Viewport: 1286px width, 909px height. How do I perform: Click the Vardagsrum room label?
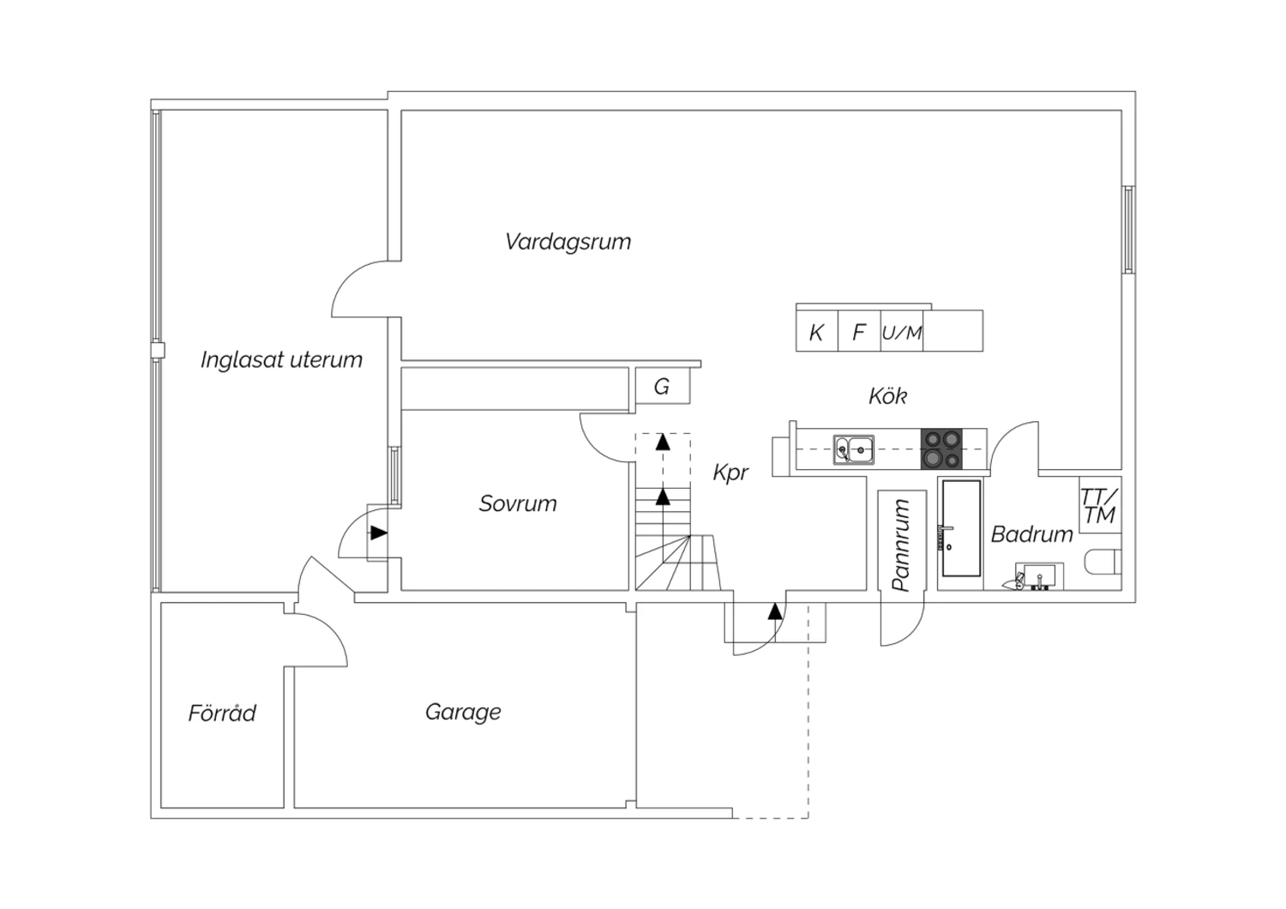click(568, 242)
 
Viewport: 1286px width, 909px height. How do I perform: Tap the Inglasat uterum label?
click(281, 360)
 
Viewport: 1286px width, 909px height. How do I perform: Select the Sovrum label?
click(518, 503)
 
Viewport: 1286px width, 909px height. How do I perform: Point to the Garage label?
click(463, 712)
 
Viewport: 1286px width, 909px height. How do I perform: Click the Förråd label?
click(222, 713)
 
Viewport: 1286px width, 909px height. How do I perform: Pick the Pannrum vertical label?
click(901, 545)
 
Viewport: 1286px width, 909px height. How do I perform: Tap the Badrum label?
click(1031, 534)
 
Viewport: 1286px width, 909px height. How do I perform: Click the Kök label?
click(887, 395)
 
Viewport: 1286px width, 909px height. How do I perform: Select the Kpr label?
click(730, 473)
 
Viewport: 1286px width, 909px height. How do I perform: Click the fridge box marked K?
click(817, 331)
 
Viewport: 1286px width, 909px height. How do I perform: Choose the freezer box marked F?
click(859, 331)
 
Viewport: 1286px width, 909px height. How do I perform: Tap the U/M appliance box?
click(902, 331)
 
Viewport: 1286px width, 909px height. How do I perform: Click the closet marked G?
click(663, 386)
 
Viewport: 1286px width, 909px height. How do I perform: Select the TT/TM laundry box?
click(1100, 505)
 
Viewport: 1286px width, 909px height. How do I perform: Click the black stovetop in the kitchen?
click(941, 449)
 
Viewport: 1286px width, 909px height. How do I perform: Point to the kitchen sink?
click(854, 449)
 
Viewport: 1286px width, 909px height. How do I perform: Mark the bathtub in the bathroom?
click(961, 528)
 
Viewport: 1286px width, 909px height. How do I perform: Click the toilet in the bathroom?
click(1103, 562)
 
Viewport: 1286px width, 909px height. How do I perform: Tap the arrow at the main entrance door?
click(775, 611)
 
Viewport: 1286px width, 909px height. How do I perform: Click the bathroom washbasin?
click(1039, 576)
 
